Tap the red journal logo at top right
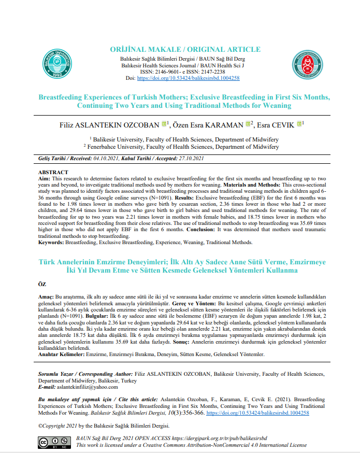(x=307, y=65)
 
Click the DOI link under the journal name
(x=188, y=78)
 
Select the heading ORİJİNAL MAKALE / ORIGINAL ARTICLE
(x=185, y=49)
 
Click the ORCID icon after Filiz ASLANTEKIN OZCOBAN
(x=164, y=124)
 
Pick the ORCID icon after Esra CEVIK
(x=300, y=124)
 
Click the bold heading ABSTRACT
(x=53, y=172)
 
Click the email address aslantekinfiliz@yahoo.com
(x=88, y=387)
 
